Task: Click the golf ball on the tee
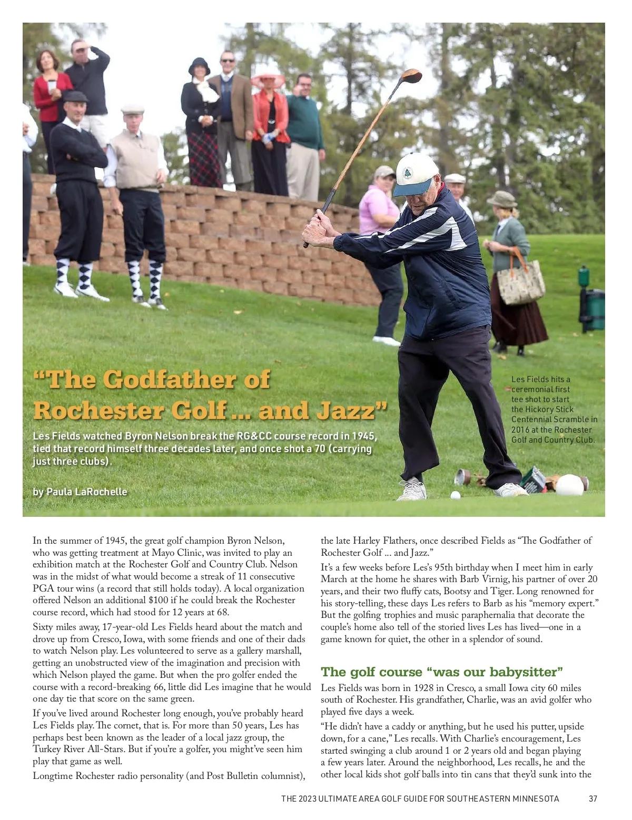coord(455,495)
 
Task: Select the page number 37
coord(592,798)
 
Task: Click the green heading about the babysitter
coord(441,672)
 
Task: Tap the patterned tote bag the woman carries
coord(520,282)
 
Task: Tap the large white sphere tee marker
coord(569,485)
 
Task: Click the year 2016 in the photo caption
coord(521,429)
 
